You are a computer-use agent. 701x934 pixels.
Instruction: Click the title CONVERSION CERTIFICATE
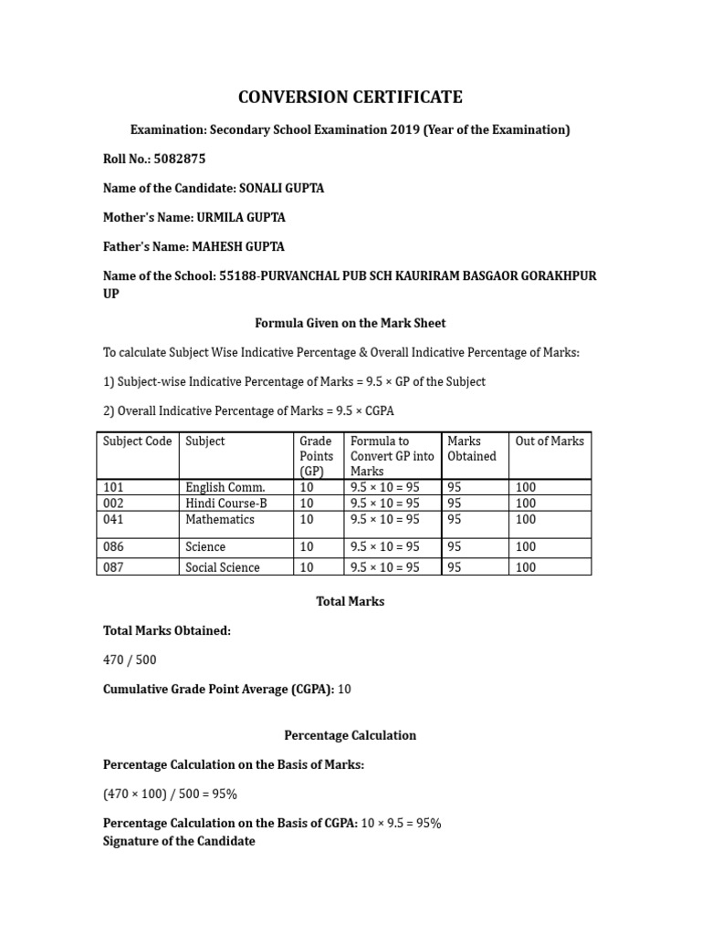(350, 97)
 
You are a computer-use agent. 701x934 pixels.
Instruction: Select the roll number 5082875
(181, 159)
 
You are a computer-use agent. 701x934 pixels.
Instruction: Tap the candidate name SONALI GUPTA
(281, 188)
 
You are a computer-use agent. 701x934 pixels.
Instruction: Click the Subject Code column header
(137, 441)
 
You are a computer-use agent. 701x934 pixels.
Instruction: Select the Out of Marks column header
(549, 441)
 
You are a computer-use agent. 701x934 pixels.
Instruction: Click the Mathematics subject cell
(220, 519)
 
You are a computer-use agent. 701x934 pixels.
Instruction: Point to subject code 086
(113, 546)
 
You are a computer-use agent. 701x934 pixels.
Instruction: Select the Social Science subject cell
(223, 567)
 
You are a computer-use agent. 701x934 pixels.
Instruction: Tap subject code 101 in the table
(113, 487)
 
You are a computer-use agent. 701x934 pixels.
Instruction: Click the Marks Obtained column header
(472, 449)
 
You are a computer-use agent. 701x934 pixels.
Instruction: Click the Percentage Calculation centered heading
(350, 735)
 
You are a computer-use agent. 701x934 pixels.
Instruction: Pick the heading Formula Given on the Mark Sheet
(350, 323)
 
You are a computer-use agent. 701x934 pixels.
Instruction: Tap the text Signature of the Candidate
(179, 841)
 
